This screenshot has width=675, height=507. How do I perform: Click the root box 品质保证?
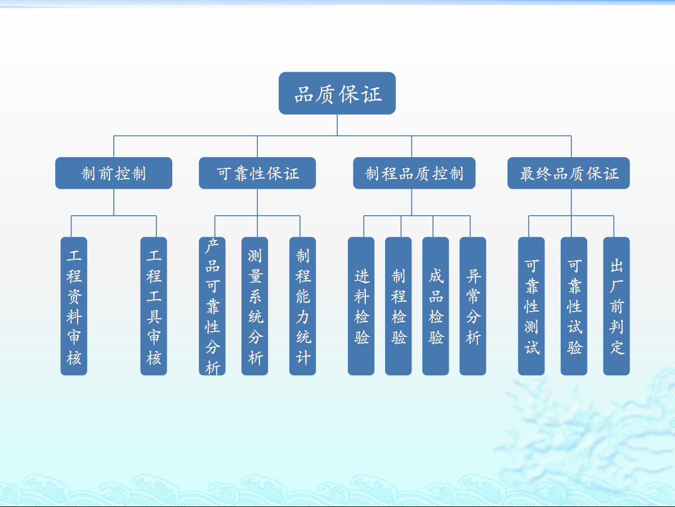337,93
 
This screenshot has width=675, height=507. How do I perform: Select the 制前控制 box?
114,173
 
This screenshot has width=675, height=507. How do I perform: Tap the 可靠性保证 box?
257,173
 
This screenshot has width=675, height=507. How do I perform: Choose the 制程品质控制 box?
414,173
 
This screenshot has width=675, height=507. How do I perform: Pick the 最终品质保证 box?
569,173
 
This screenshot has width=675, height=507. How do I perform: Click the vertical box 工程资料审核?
74,306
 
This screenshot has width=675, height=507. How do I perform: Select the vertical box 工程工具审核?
154,306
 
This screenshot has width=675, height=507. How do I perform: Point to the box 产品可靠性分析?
212,306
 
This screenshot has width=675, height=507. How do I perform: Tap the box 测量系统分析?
255,306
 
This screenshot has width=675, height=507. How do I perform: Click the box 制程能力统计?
303,306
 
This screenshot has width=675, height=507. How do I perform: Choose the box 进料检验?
361,306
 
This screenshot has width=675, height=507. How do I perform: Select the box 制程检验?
398,306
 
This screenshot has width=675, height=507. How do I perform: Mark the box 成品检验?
436,306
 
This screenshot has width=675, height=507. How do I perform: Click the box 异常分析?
473,306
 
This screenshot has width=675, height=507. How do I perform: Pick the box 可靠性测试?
531,306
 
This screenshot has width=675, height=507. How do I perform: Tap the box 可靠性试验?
574,306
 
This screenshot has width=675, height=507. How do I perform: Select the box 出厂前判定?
616,306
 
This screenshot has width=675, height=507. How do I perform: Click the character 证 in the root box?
372,94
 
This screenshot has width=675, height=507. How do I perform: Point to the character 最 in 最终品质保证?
528,174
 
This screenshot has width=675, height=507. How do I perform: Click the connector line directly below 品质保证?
337,125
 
